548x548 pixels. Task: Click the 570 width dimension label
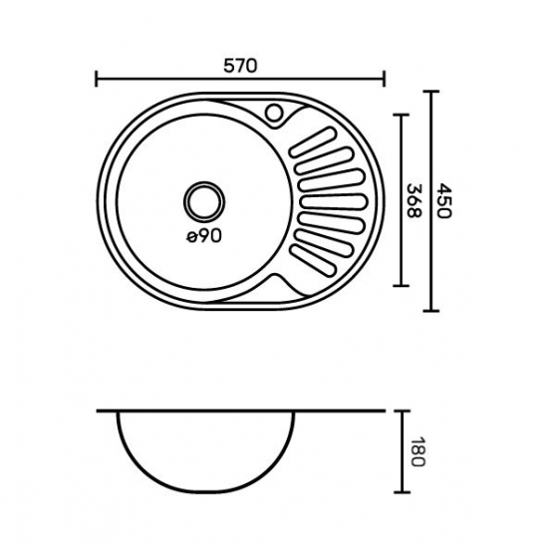coord(240,66)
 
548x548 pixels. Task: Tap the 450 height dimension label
coord(445,200)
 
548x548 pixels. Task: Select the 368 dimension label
coord(413,200)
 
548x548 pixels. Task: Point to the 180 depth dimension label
coord(417,451)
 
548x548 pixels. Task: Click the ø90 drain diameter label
coord(204,236)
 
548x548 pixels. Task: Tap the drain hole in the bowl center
coord(204,201)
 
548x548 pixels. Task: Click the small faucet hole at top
coord(274,113)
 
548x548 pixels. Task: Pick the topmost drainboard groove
coord(314,141)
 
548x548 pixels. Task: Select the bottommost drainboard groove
coord(314,260)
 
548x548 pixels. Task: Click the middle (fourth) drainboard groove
coord(334,202)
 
